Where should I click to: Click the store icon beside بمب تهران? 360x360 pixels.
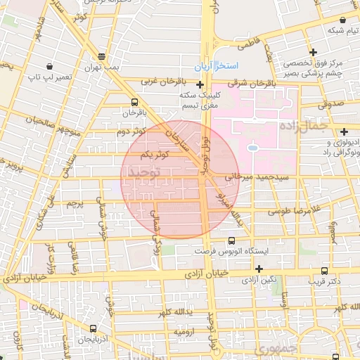click(x=102, y=56)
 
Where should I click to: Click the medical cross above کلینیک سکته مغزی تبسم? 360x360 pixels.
click(x=200, y=84)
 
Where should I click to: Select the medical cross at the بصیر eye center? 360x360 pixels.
click(x=314, y=51)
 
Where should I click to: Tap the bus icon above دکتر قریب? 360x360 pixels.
click(x=323, y=270)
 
